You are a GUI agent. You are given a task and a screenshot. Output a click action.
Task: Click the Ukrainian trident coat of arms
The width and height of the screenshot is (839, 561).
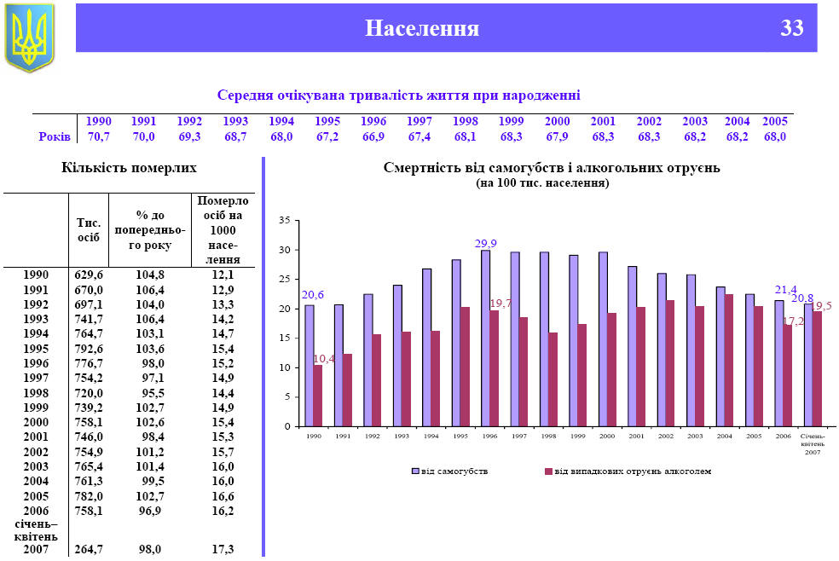pos(30,38)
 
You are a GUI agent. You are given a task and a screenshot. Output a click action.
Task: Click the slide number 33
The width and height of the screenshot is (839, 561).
pos(791,28)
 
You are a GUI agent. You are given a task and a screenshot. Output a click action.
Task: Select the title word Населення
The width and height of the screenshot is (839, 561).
pos(422,28)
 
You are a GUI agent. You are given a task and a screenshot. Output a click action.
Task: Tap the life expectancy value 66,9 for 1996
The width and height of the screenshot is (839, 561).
pos(373,136)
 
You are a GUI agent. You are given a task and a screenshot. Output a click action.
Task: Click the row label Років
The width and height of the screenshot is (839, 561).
pos(54,136)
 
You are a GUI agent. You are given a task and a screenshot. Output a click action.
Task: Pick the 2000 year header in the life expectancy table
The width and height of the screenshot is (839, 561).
pos(557,121)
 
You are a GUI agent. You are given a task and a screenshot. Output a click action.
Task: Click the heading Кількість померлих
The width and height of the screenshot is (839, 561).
pos(129,167)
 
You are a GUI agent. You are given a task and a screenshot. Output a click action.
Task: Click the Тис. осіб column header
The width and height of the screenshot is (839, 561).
pos(89,230)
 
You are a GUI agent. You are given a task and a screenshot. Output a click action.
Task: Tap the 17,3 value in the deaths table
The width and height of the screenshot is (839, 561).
pos(223,550)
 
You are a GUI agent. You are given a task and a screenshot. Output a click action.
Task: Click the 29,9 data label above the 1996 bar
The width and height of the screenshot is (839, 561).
pos(485,244)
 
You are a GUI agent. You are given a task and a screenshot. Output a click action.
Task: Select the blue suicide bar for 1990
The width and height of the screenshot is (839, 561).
pos(310,365)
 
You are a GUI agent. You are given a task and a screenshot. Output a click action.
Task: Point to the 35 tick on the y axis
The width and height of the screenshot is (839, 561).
pos(285,221)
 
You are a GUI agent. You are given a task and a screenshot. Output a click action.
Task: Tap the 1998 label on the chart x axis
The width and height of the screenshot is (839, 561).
pos(548,436)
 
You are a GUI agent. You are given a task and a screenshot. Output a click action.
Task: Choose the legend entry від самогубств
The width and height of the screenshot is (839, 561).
pos(451,471)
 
